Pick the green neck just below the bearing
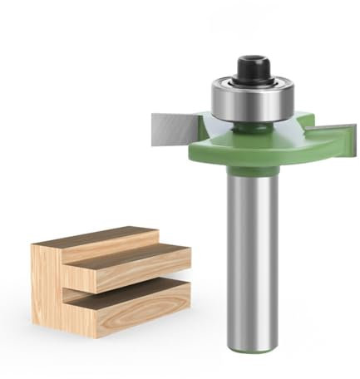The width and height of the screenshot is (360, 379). [249, 126]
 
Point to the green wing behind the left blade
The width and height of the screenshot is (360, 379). [204, 125]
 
